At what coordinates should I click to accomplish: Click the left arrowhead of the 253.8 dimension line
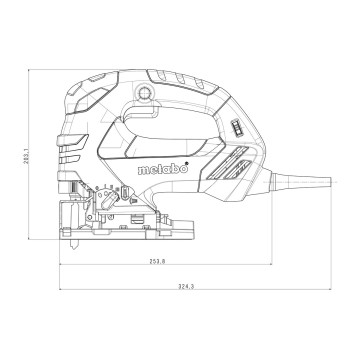click(61, 266)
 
